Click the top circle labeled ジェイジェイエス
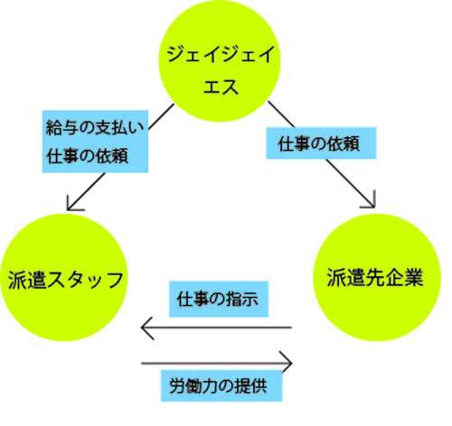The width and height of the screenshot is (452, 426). point(220,61)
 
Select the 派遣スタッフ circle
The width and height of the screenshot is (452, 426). point(63,277)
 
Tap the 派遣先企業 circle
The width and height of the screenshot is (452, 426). point(377,277)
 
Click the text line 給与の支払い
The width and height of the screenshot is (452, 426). point(95,128)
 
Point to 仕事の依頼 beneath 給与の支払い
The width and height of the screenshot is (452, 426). point(88,156)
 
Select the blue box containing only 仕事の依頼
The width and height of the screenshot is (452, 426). point(321,144)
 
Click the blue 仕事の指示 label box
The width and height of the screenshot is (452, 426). point(219,299)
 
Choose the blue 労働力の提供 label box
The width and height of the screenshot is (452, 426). point(221,385)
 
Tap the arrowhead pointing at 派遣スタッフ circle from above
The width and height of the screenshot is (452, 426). point(71,206)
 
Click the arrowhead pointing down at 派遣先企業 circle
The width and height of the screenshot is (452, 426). point(370,203)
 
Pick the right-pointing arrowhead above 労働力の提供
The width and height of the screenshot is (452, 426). point(287,363)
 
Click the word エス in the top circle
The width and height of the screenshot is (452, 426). point(221,87)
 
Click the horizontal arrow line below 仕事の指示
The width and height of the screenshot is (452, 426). point(216,328)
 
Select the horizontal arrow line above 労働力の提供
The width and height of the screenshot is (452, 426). point(217,363)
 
